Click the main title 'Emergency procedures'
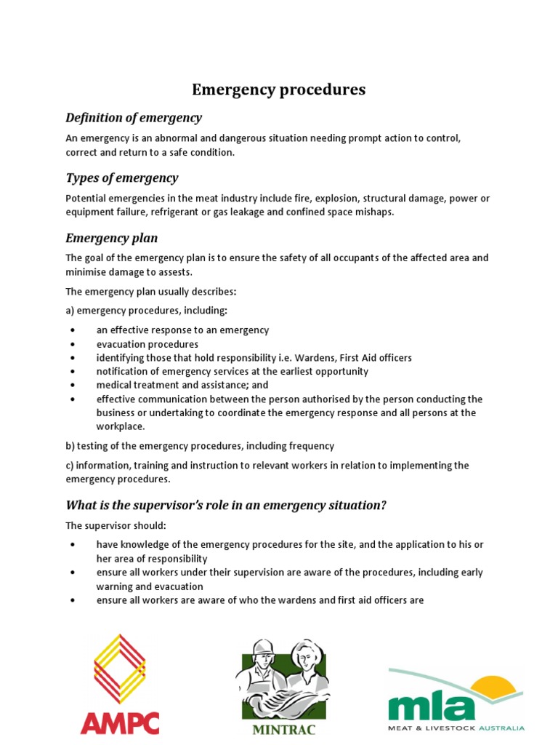point(278,89)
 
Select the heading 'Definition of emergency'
point(134,118)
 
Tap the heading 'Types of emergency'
point(121,178)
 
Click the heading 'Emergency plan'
point(111,239)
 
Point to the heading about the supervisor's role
point(226,506)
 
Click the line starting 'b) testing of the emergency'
point(200,446)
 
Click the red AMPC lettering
point(119,722)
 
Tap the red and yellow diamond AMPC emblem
point(120,668)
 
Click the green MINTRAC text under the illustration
point(283,729)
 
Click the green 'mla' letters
point(432,706)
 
